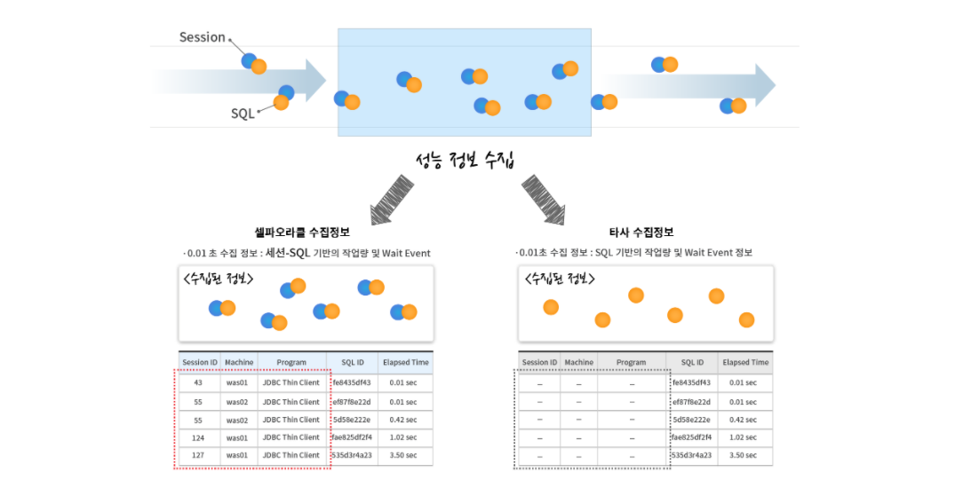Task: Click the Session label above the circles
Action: (202, 37)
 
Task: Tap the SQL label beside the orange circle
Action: (243, 114)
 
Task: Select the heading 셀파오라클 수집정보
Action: (302, 232)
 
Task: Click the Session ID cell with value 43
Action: (198, 382)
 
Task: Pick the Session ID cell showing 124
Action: (198, 437)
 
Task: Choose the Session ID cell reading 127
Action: (198, 455)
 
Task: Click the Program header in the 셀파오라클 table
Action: (291, 362)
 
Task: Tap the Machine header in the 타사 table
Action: (578, 362)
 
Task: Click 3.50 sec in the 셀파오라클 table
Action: (404, 455)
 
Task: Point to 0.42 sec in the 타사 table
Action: (743, 420)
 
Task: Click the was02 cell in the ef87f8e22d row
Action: (238, 402)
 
